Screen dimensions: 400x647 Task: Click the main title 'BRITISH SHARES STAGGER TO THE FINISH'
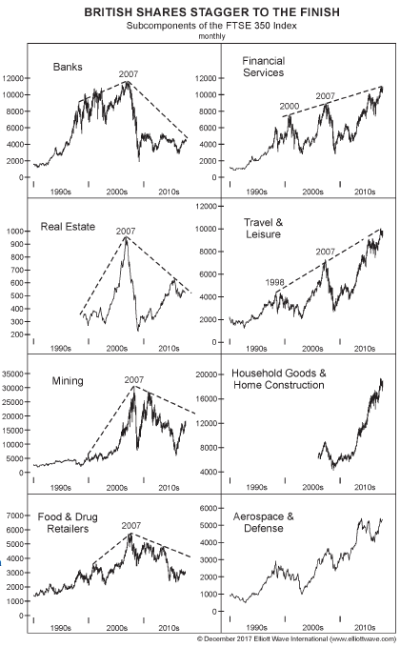(212, 12)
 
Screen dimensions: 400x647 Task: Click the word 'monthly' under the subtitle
(212, 36)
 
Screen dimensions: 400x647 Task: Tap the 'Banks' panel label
(68, 67)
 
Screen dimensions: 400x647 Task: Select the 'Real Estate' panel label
(68, 227)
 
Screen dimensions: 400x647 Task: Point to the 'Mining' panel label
(68, 381)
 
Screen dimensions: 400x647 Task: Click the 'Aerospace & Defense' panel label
(264, 522)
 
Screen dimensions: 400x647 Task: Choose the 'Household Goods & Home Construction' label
(279, 379)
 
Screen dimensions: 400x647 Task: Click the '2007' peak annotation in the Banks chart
(129, 74)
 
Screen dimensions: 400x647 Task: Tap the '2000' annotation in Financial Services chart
(290, 107)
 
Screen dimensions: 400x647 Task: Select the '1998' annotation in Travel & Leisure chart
(274, 283)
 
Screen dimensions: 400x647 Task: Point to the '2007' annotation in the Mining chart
(134, 380)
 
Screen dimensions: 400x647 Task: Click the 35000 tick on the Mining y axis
(13, 374)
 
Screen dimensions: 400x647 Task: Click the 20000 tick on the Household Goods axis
(206, 374)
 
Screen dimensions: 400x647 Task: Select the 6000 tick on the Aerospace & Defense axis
(209, 509)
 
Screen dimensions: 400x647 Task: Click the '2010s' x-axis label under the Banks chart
(169, 192)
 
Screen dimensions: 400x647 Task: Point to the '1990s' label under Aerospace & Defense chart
(256, 628)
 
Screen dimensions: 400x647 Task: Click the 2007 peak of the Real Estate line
(126, 238)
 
